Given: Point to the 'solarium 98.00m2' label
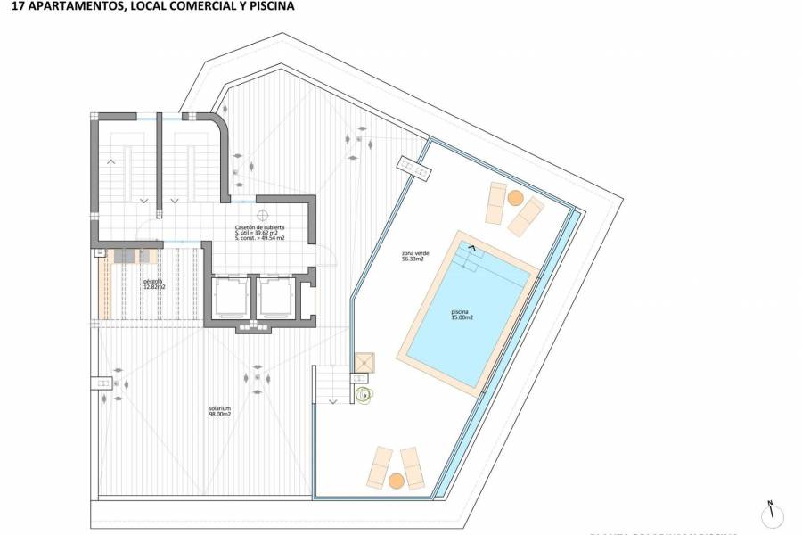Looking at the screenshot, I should click(x=219, y=413).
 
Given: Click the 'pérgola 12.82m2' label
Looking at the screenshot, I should click(x=153, y=285).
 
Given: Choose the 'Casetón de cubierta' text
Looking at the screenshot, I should click(x=259, y=227).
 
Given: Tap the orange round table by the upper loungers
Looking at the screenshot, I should click(x=515, y=197).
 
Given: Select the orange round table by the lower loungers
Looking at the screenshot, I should click(x=397, y=481).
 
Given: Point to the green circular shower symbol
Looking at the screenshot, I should click(x=363, y=395).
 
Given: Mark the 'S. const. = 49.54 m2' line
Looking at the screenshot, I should click(x=259, y=239).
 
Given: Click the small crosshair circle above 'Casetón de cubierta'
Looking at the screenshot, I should click(x=263, y=215).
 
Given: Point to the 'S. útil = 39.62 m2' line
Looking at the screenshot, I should click(x=259, y=234).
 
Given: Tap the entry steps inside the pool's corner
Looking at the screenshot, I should click(x=469, y=256).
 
